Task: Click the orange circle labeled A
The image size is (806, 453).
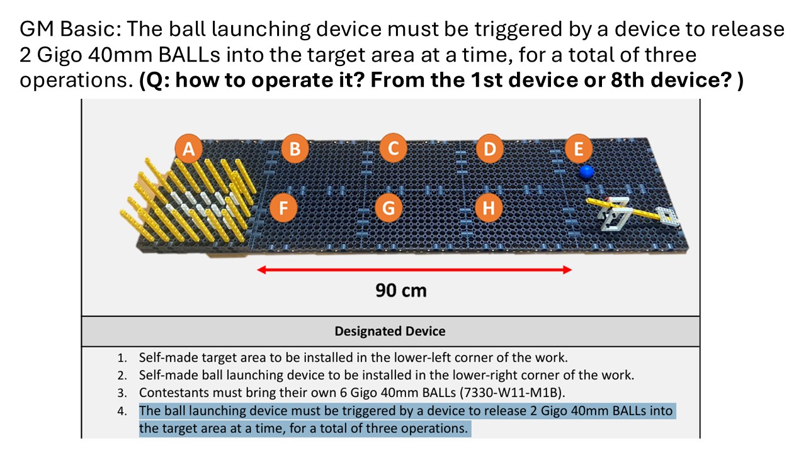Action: [188, 148]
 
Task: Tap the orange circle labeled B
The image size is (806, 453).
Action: [295, 148]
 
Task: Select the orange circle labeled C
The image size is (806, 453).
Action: [394, 148]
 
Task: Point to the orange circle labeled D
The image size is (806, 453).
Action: [490, 148]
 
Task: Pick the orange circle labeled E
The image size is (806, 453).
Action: [579, 148]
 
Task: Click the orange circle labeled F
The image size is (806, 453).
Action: [283, 208]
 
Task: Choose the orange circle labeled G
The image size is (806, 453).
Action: [389, 208]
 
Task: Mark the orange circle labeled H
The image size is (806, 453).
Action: [488, 208]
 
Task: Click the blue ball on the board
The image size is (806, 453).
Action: [586, 172]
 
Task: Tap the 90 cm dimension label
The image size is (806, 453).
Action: [401, 291]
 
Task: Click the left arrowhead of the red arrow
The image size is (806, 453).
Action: [261, 270]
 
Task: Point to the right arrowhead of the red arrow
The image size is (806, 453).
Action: [567, 270]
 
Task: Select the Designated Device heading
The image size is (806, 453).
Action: [390, 331]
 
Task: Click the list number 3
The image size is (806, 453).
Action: [122, 393]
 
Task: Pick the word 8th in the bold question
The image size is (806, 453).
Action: [628, 80]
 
